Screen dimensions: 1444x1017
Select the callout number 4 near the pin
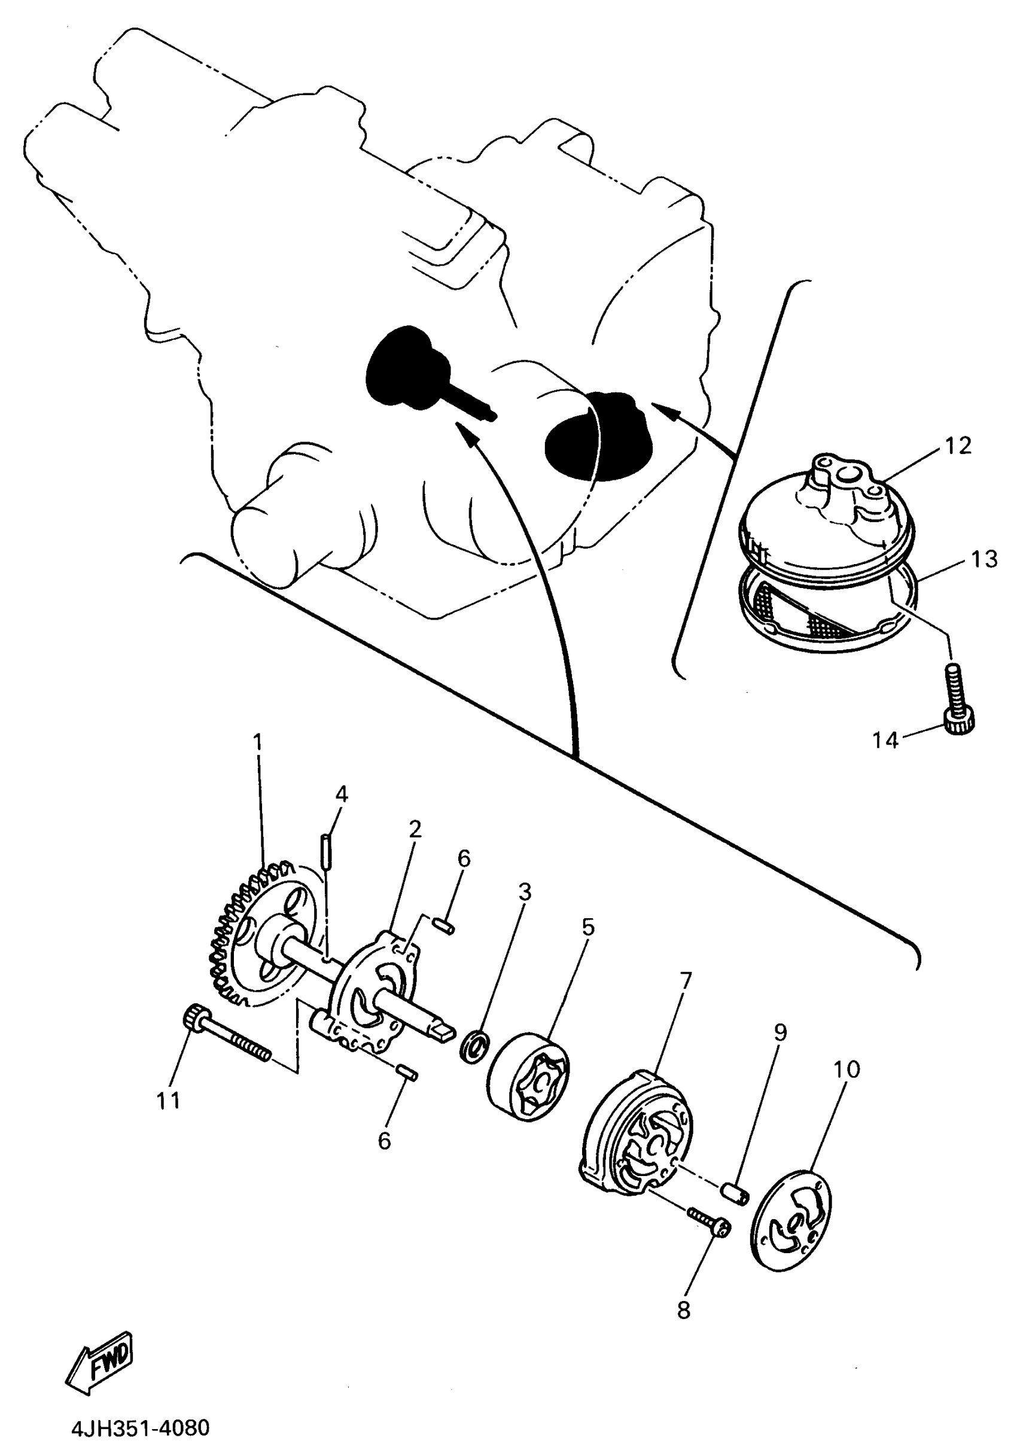coord(342,795)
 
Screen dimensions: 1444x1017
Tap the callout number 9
coord(780,1032)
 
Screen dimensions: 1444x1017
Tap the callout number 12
coord(958,445)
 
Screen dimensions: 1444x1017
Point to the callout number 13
coord(983,559)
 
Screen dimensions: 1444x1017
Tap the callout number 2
coord(414,830)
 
